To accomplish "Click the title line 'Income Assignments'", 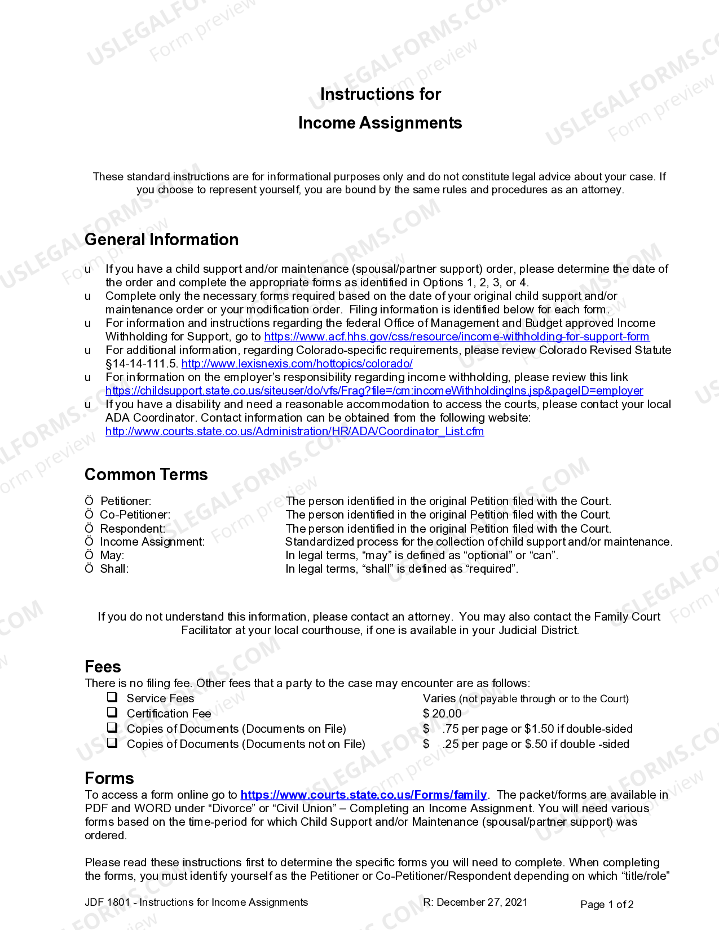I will click(x=380, y=123).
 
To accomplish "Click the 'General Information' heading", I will click(x=161, y=240).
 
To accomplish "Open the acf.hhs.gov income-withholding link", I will click(x=456, y=336).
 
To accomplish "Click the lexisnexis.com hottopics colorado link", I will click(x=297, y=364).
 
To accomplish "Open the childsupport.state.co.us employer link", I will click(x=374, y=391).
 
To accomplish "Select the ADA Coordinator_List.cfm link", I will click(x=294, y=431).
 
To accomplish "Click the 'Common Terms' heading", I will click(x=146, y=475).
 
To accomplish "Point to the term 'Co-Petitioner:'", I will click(x=135, y=515).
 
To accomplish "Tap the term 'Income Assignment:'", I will click(x=152, y=542).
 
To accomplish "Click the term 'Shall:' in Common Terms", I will click(x=114, y=569).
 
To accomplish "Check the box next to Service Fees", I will click(x=113, y=697).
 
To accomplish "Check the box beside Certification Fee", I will click(x=113, y=712).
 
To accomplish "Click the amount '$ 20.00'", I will click(x=442, y=714).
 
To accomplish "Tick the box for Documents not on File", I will click(x=113, y=743).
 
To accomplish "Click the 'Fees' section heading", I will click(x=103, y=667).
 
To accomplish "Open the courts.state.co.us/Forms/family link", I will click(x=363, y=795).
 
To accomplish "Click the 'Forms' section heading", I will click(x=109, y=778).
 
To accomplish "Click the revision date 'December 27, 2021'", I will click(x=482, y=902).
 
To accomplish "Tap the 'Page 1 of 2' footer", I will click(x=607, y=905).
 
